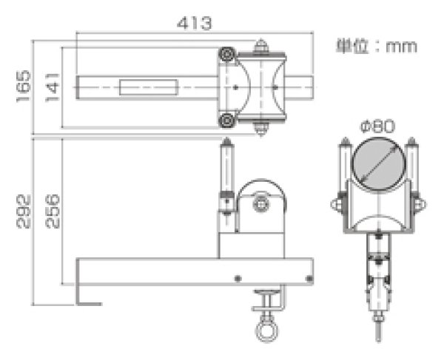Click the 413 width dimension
[x=195, y=24]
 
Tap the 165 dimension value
[x=24, y=86]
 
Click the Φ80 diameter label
[x=377, y=126]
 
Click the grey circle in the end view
[x=377, y=163]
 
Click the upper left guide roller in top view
[x=226, y=55]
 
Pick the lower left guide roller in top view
[x=226, y=120]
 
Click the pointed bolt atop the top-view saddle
[x=260, y=46]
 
